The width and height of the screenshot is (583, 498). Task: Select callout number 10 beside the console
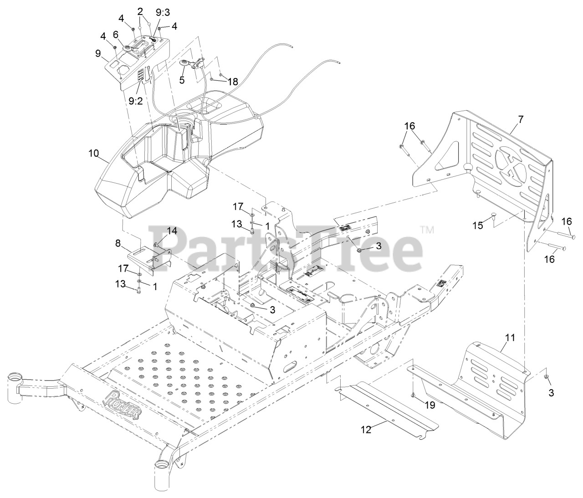pos(93,153)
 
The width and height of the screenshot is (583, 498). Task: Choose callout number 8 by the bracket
pos(118,244)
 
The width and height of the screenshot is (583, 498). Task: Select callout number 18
pos(233,82)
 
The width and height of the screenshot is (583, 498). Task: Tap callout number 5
pos(182,80)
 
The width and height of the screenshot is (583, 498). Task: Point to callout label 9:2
pos(136,101)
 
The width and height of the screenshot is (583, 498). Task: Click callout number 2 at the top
pos(140,11)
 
